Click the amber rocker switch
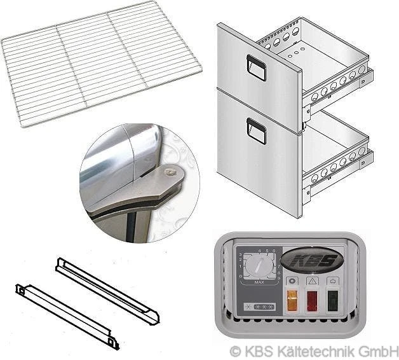(292, 301)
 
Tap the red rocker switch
(313, 301)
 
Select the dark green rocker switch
(333, 301)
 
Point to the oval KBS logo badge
(313, 260)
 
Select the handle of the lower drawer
(256, 131)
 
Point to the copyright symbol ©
(235, 350)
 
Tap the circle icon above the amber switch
(292, 280)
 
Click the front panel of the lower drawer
(257, 159)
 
